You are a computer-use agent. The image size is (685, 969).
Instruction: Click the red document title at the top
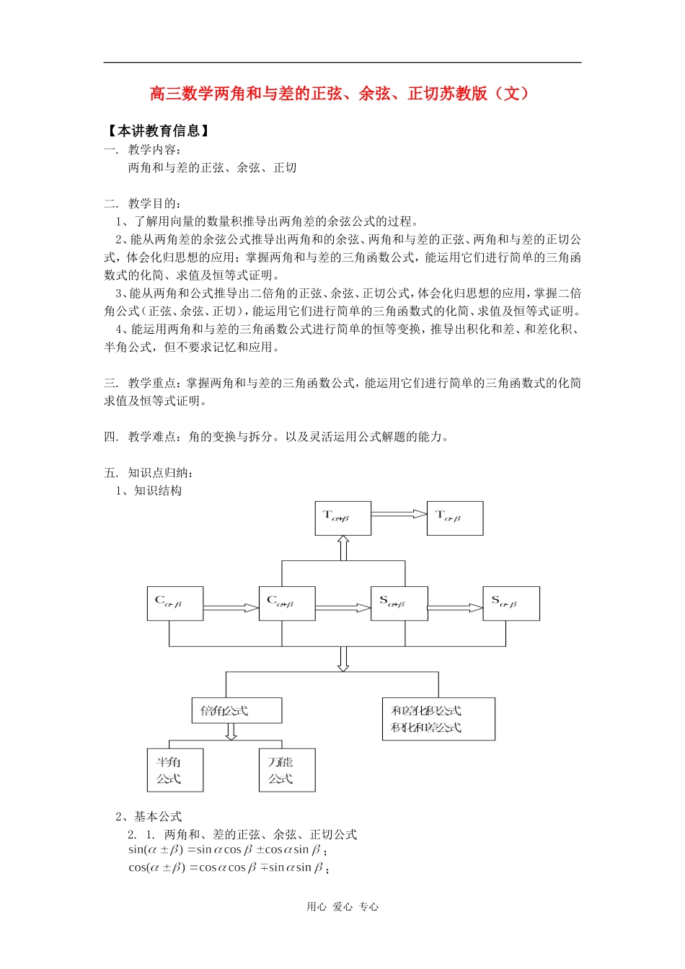(x=342, y=94)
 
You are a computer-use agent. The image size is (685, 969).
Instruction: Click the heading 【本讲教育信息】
(x=158, y=130)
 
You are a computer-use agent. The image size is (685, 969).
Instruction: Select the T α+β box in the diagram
(x=342, y=518)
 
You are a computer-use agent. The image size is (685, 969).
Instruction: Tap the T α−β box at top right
(x=455, y=518)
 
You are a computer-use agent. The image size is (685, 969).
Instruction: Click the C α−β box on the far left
(x=174, y=603)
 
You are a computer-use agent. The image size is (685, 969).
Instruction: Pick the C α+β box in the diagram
(x=287, y=603)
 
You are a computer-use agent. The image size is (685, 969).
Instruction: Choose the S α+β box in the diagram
(x=399, y=603)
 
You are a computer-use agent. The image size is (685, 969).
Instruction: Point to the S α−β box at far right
(x=511, y=603)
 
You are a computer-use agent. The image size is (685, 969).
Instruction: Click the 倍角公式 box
(x=237, y=710)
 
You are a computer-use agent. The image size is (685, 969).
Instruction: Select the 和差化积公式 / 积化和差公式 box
(x=438, y=719)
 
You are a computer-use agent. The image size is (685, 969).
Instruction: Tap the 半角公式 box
(x=175, y=770)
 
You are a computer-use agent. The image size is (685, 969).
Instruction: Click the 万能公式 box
(x=287, y=770)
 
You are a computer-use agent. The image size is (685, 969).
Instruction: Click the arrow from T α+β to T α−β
(x=399, y=514)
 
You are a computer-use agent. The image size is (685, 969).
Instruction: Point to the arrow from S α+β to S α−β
(x=455, y=609)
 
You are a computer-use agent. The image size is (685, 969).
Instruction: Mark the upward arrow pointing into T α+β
(x=343, y=548)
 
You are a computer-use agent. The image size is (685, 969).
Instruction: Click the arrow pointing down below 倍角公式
(x=231, y=732)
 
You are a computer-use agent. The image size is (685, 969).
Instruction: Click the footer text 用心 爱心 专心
(x=342, y=907)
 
